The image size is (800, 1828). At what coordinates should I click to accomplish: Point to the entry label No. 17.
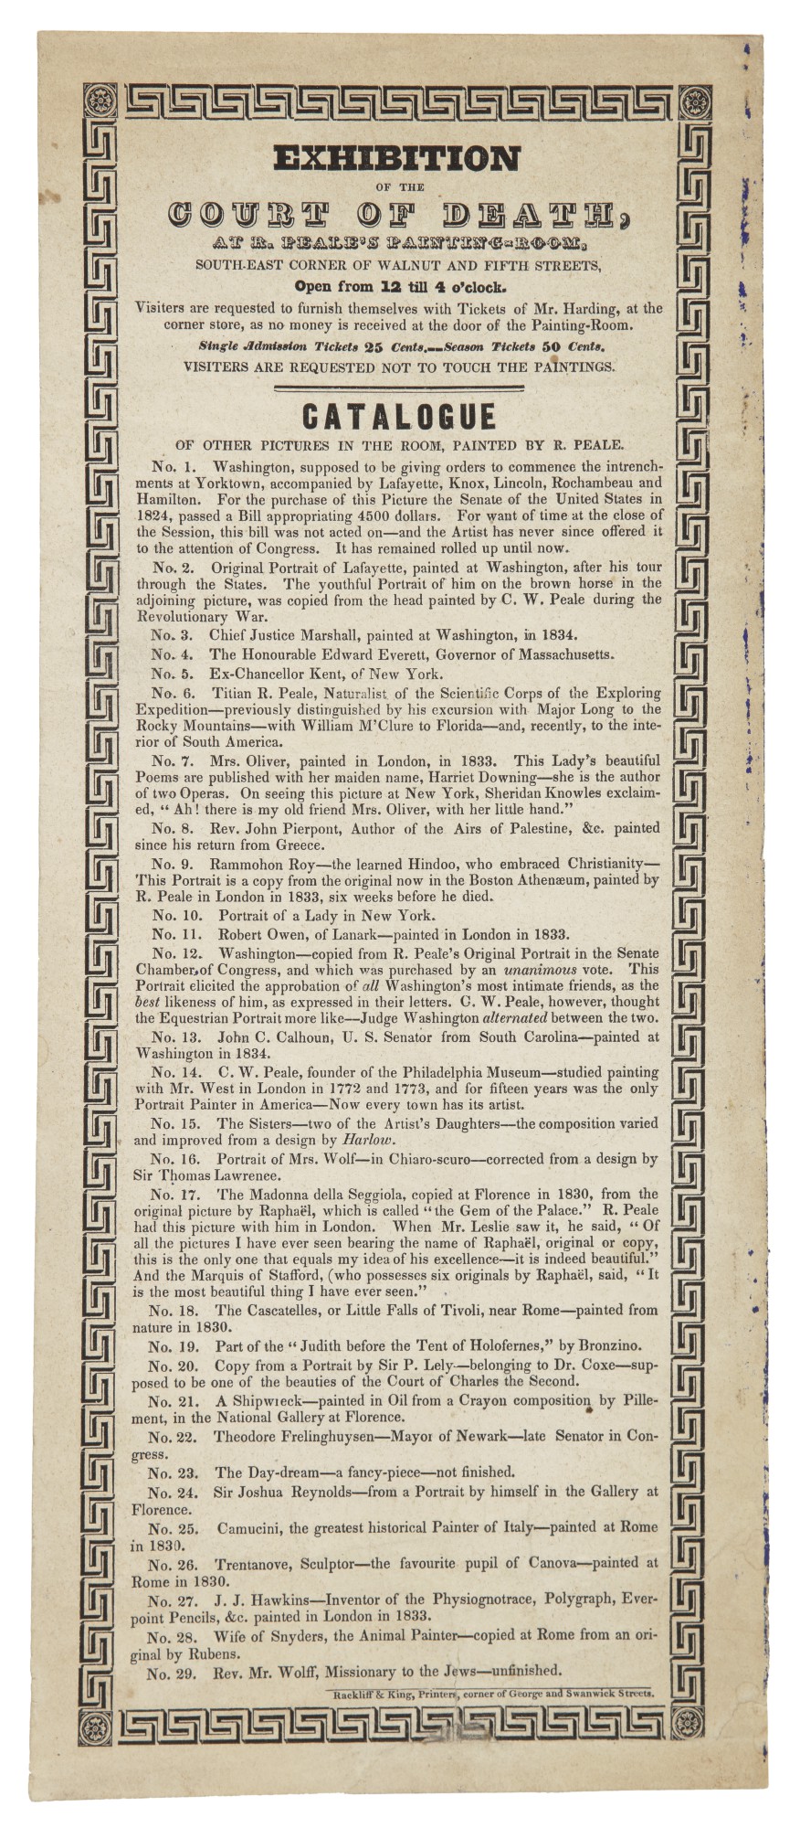click(174, 1193)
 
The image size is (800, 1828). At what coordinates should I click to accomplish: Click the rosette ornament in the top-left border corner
click(100, 97)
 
